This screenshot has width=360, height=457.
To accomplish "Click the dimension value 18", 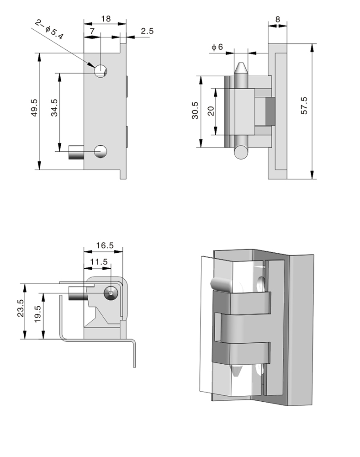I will point(106,19).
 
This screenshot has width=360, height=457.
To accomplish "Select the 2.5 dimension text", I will point(148,31).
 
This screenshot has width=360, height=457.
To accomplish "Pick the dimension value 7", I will point(92,31).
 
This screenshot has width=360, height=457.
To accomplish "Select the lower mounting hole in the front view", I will point(100,151).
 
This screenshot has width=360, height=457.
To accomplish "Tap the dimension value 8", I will point(278,19).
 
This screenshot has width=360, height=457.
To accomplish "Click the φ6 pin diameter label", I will point(217,47).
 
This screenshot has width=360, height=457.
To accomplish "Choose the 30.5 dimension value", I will point(195,111).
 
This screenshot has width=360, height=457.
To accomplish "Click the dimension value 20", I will point(211,111).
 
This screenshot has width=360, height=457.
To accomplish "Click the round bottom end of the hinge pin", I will point(241,151).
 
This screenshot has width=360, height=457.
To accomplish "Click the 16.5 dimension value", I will point(105,245).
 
